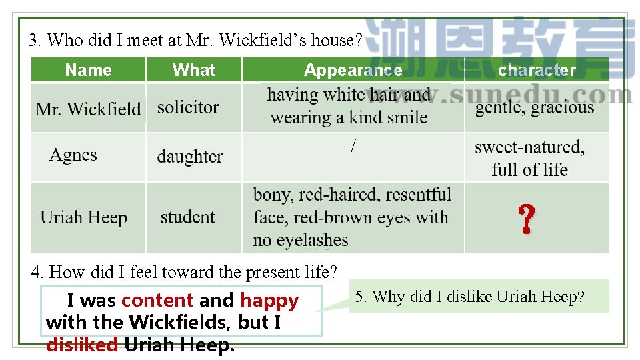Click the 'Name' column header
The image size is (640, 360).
click(88, 70)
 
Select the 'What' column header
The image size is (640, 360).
click(193, 70)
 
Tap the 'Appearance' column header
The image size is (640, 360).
click(353, 70)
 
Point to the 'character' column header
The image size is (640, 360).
click(537, 70)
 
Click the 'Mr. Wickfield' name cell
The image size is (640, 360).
click(88, 109)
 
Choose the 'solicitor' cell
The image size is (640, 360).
click(188, 107)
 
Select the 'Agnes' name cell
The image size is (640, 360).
click(73, 155)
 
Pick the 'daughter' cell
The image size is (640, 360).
click(190, 157)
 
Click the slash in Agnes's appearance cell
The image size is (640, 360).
click(353, 147)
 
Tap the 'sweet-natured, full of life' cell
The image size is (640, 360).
click(529, 158)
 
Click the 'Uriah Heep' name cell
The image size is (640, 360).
click(84, 217)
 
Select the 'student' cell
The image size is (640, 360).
click(187, 217)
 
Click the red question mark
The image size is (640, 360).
click(526, 219)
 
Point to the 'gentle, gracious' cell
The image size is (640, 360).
click(534, 107)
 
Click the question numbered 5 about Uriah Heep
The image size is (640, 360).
click(469, 297)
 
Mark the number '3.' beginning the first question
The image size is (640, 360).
click(35, 41)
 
